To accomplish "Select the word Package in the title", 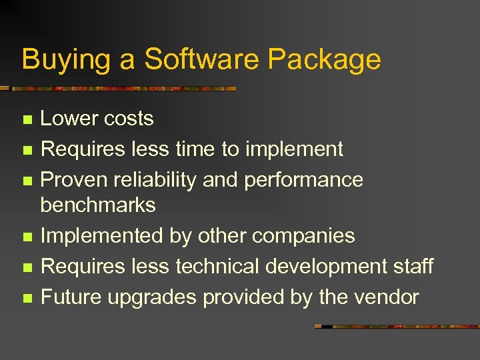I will click(324, 60).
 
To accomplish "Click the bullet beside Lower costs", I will click(27, 120).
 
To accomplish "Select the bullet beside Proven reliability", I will click(27, 181).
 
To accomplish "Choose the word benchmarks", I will click(97, 205).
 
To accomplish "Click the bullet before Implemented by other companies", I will click(27, 237).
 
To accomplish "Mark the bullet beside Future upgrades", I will click(27, 299).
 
